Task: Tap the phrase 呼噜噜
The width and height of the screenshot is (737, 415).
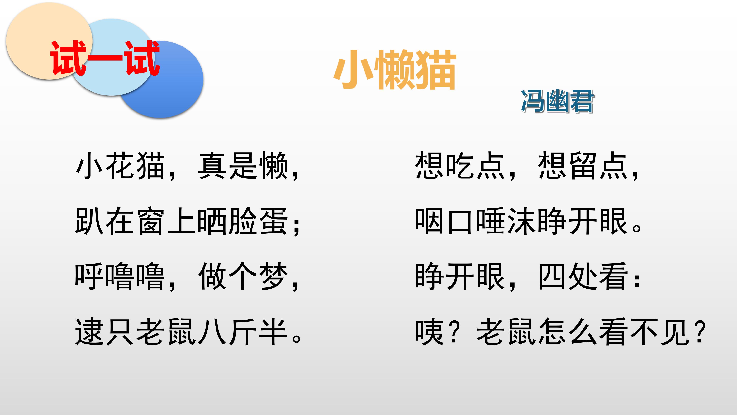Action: click(120, 276)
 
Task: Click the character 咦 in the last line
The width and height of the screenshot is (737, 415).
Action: click(429, 331)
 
